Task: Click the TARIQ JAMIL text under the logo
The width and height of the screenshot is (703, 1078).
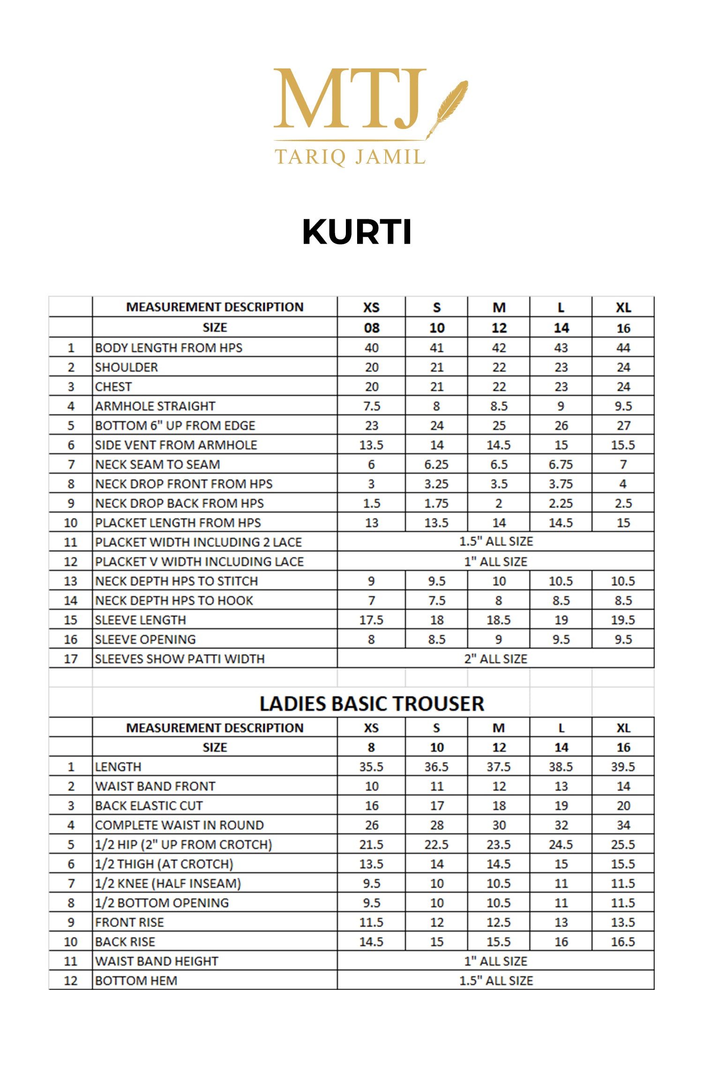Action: (x=350, y=157)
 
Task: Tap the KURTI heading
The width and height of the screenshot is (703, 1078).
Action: (x=357, y=232)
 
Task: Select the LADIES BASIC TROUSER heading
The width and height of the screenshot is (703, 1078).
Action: (x=372, y=704)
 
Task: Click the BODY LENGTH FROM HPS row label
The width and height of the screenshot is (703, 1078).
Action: (x=169, y=348)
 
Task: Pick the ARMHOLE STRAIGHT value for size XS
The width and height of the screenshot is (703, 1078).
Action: (x=371, y=406)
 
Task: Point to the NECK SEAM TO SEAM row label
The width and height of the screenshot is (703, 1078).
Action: (x=157, y=464)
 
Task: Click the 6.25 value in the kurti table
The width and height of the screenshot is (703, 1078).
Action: (x=436, y=464)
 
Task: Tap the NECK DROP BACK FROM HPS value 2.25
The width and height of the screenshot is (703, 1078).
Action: (x=561, y=503)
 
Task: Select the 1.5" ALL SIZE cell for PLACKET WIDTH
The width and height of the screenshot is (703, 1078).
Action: (x=496, y=542)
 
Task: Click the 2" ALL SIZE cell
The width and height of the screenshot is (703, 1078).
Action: (x=496, y=659)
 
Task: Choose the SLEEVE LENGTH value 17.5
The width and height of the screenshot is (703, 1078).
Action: (x=371, y=620)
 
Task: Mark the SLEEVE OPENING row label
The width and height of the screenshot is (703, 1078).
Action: (x=145, y=639)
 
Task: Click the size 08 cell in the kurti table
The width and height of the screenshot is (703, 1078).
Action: (x=371, y=328)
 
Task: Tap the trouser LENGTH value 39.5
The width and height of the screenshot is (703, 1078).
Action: (x=623, y=767)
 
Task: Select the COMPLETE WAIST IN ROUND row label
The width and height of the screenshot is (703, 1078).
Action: (x=179, y=825)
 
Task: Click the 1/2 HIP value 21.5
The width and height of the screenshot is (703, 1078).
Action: (x=371, y=845)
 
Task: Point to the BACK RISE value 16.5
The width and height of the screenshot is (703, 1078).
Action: (x=623, y=942)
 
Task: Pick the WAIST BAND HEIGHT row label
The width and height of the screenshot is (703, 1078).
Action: (x=157, y=961)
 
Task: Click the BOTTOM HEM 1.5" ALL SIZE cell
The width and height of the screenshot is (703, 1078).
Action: (x=496, y=981)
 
